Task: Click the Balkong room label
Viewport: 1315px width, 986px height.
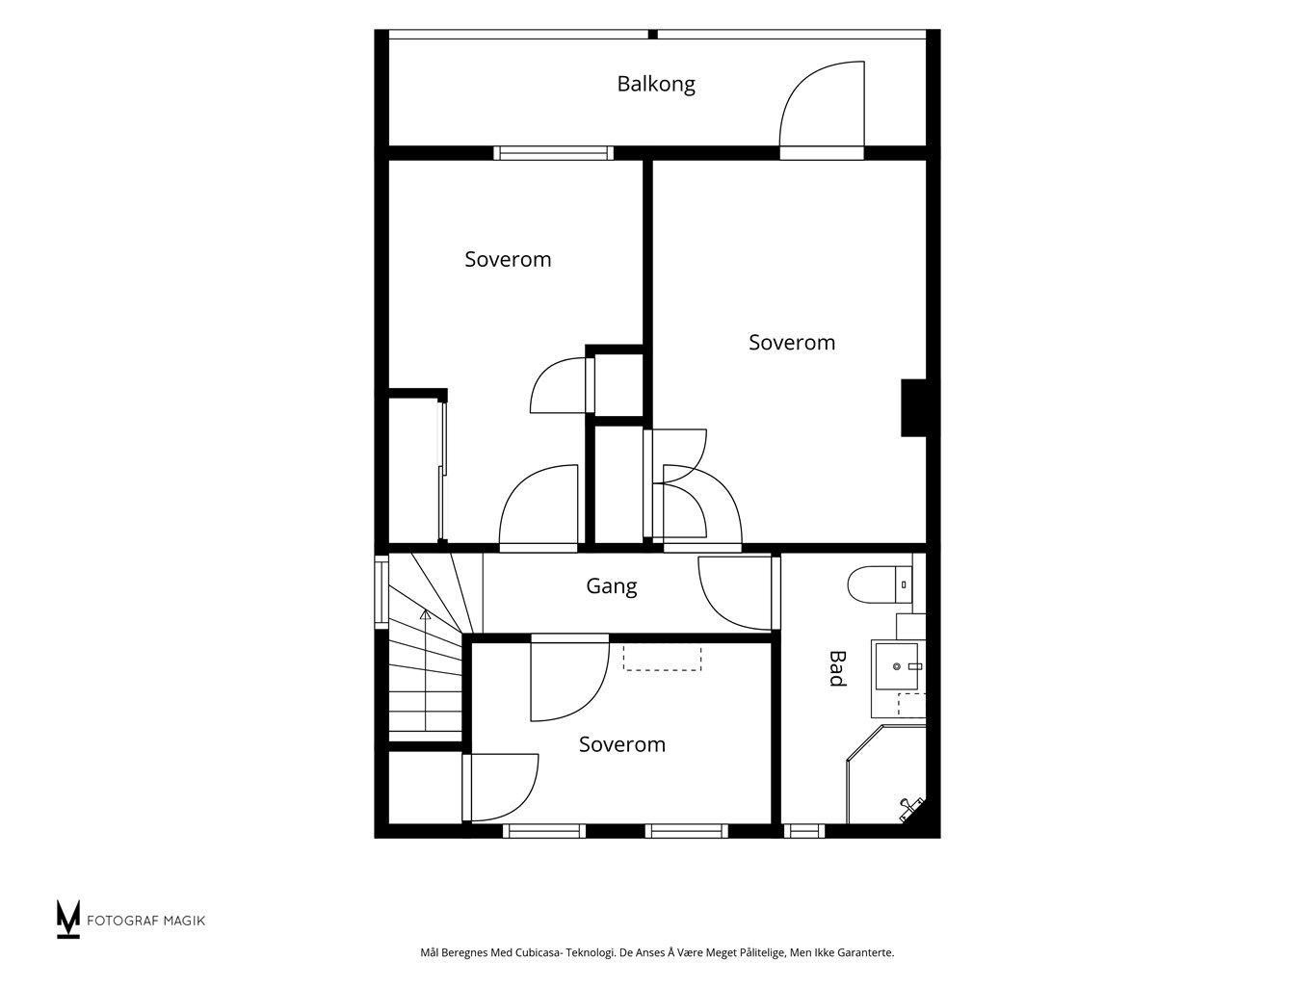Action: click(656, 84)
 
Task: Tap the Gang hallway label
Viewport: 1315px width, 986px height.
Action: click(611, 586)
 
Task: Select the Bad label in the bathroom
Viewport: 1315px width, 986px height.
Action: click(837, 668)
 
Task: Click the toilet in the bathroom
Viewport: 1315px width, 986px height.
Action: click(880, 584)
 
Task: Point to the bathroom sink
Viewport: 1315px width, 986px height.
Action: click(896, 665)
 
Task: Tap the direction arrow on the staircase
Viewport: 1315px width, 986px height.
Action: click(426, 670)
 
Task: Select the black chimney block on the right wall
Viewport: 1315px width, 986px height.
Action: click(913, 407)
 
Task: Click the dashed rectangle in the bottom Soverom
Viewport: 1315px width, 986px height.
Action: click(662, 658)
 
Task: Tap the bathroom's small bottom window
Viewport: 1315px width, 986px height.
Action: click(804, 830)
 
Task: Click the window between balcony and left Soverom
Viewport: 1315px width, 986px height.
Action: click(554, 153)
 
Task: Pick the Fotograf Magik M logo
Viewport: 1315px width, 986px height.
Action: click(67, 919)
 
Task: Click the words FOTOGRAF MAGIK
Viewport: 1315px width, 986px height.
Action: click(146, 921)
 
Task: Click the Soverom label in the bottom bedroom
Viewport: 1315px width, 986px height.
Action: click(621, 744)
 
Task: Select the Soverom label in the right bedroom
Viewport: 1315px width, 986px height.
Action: click(791, 343)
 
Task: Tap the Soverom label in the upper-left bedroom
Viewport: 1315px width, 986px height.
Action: click(508, 259)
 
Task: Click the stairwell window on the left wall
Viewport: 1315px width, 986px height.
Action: click(381, 592)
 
